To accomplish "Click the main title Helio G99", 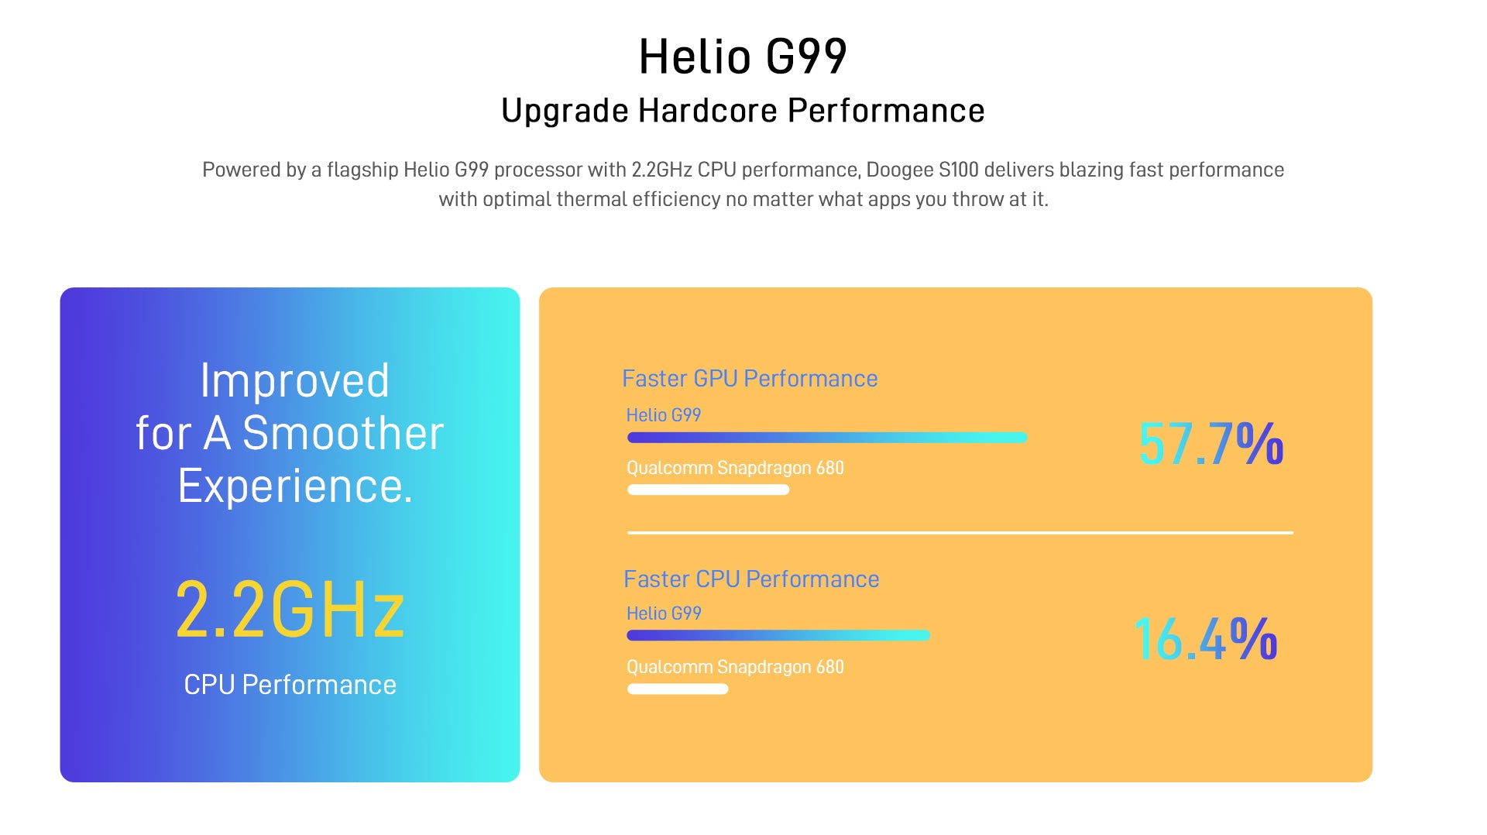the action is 743,57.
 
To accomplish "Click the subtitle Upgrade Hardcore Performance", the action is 743,111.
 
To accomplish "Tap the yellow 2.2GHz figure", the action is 290,610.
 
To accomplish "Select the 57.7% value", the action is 1211,444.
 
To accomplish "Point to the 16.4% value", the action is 1205,640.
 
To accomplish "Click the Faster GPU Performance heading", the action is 750,379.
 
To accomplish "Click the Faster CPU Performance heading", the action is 751,579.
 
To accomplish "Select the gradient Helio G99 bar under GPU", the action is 827,438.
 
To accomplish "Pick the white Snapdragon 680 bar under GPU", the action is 708,490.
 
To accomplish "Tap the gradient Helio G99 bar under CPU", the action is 778,635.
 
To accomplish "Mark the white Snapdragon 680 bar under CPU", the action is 678,689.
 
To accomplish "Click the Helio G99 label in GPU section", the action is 664,415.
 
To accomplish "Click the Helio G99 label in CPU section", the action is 664,613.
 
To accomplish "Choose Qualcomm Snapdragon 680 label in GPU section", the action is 735,469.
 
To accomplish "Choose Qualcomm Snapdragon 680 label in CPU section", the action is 735,668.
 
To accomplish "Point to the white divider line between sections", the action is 960,533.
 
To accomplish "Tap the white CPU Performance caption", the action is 290,685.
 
